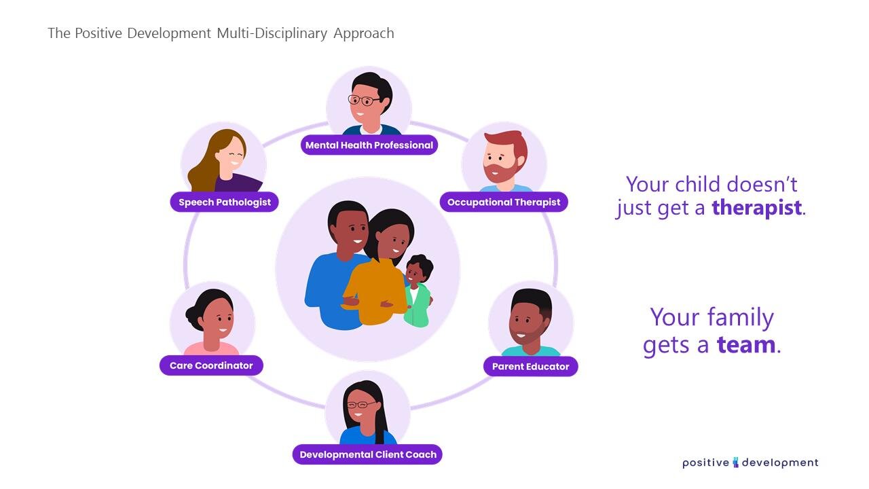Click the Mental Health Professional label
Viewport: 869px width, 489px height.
(x=369, y=145)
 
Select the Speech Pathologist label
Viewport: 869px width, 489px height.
(x=224, y=202)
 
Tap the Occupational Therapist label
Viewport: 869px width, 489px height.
(x=504, y=202)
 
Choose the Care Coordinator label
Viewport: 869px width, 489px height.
(x=211, y=365)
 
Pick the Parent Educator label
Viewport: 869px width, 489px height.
(x=530, y=366)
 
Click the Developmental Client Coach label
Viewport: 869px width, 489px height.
(x=367, y=454)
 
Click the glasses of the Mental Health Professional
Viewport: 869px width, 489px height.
(x=363, y=101)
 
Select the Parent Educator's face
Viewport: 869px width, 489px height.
(x=527, y=324)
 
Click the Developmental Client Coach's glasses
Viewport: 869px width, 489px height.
(x=361, y=404)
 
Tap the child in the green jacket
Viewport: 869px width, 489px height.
(x=418, y=291)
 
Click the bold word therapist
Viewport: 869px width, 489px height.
(x=756, y=208)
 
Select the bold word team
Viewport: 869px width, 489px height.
(x=745, y=344)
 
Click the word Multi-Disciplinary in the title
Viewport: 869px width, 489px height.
(x=272, y=33)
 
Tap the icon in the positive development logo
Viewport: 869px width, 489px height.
(x=735, y=463)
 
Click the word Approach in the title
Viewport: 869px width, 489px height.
(x=364, y=34)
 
